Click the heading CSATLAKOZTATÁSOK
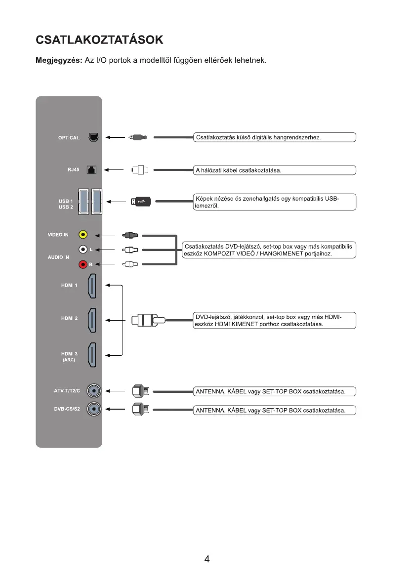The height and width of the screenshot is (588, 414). coord(99,39)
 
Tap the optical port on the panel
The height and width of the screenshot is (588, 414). coord(92,137)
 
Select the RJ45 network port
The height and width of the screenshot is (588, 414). coord(91,170)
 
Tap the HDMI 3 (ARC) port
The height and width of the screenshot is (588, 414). coord(92,355)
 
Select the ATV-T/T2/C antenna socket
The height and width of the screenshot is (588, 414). coord(94,392)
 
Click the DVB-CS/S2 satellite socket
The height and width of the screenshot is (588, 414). coord(94,409)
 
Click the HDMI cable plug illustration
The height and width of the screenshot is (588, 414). coord(146,320)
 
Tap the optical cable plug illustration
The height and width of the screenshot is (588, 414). coord(137,137)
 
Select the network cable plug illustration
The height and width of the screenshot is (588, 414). coord(140,170)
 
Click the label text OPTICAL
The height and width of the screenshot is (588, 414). coord(69,138)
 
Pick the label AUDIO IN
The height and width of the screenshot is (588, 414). coord(58,257)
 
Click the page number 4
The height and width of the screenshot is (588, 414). coord(207,559)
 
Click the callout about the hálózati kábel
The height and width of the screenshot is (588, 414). coord(274,170)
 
